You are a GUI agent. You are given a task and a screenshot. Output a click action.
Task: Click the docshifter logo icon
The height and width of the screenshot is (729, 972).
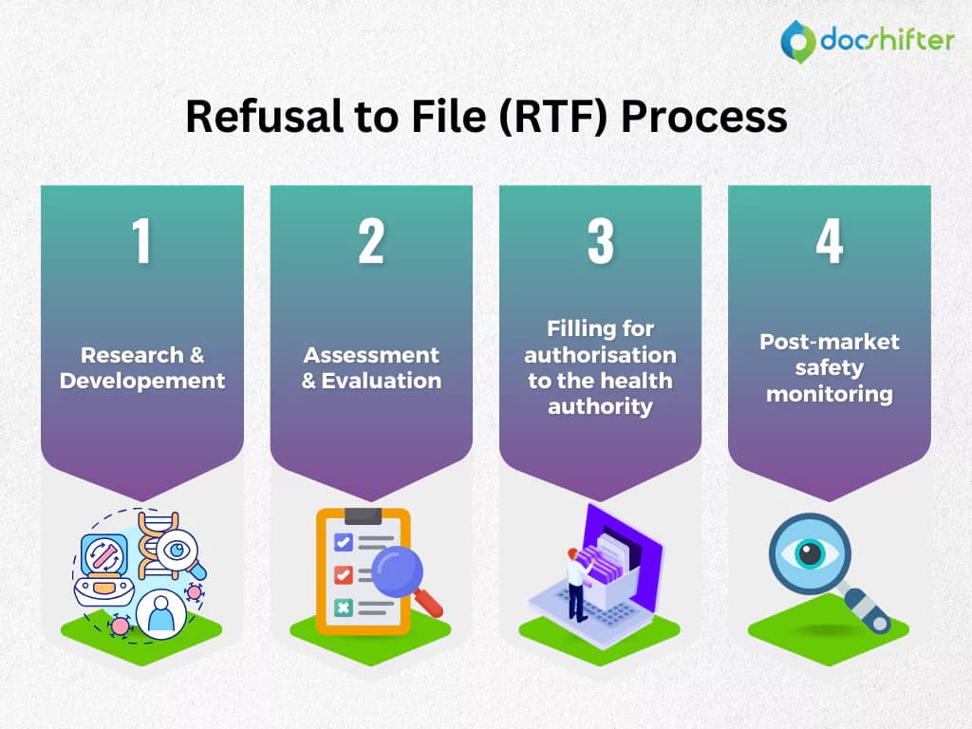[797, 42]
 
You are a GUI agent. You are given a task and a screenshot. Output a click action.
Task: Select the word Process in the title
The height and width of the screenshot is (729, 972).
[704, 117]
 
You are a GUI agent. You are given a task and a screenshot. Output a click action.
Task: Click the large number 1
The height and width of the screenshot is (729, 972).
[142, 241]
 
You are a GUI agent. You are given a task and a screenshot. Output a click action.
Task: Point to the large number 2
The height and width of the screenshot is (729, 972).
[371, 241]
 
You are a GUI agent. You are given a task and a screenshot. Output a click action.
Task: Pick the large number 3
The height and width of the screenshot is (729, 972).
[601, 241]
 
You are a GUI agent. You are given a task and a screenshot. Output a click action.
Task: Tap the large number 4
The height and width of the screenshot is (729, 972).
[830, 241]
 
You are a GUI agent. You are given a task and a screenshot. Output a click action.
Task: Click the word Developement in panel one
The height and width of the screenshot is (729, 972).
[142, 381]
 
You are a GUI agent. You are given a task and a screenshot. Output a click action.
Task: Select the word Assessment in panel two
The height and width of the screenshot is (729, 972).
[371, 355]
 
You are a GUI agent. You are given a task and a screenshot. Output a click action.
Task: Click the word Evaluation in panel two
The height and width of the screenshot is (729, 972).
[382, 381]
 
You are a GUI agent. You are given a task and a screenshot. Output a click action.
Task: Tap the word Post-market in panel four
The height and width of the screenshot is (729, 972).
[830, 342]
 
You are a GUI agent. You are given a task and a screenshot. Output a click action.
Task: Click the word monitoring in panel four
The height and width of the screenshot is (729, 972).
[830, 394]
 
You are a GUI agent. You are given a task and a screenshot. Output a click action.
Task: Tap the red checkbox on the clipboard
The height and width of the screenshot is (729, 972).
[344, 574]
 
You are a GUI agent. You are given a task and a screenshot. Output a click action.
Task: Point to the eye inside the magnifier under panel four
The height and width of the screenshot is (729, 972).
[810, 553]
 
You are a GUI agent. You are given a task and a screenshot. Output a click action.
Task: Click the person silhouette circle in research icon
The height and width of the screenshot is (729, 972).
[160, 614]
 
